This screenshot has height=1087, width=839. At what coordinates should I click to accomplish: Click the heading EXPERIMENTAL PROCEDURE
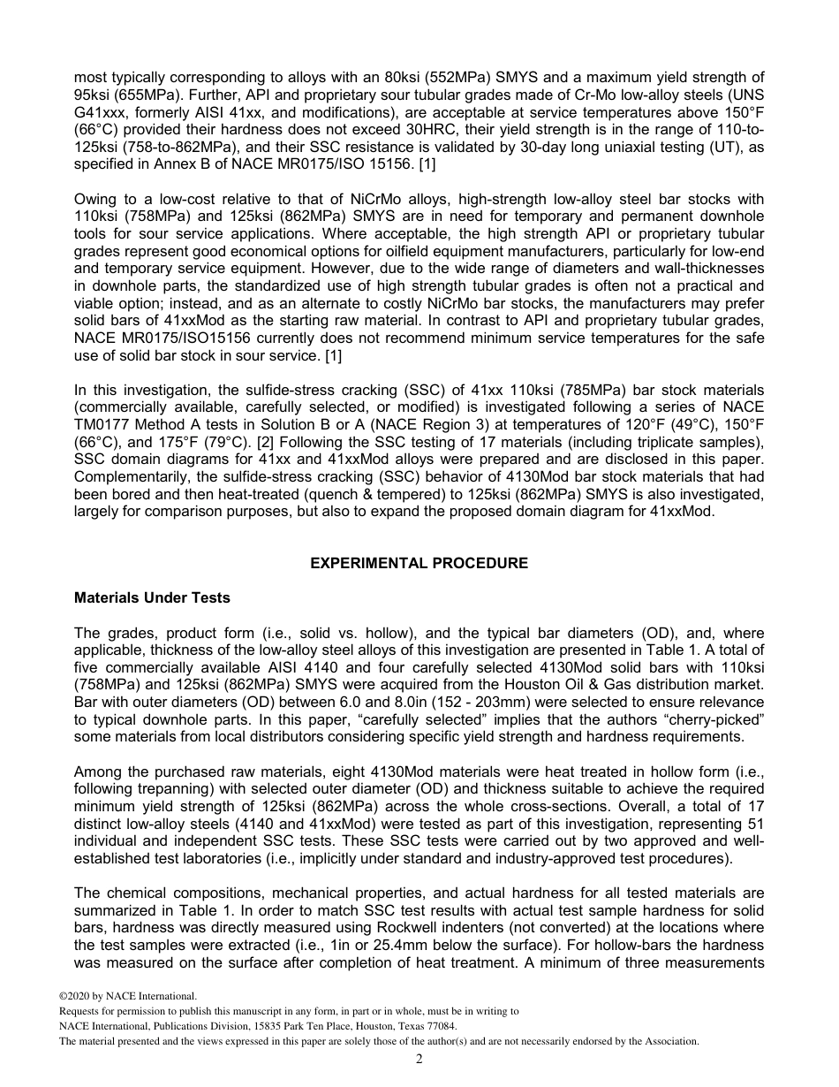[419, 563]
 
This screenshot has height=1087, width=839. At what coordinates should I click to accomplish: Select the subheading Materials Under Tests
[152, 597]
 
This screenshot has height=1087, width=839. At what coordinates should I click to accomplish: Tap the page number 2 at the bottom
[419, 1060]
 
